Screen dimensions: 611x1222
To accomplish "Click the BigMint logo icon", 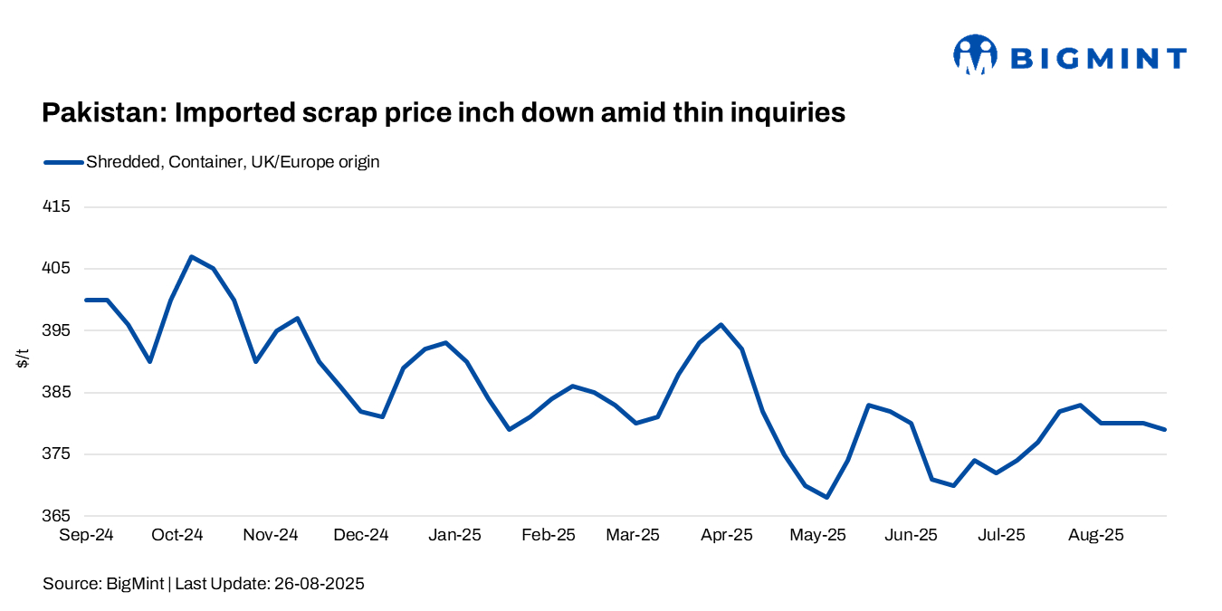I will [975, 55].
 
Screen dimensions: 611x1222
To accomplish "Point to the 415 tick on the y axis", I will [56, 206].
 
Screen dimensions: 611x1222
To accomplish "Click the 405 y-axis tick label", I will [56, 269].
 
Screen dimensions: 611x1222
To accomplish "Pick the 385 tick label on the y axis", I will [56, 393].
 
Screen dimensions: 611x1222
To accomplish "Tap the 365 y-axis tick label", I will [56, 516].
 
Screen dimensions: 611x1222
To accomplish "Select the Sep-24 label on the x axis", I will [86, 535].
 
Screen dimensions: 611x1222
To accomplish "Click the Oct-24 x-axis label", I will [177, 535].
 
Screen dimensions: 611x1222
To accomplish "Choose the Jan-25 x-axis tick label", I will [454, 535].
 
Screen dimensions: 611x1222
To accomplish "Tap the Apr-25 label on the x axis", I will [726, 535].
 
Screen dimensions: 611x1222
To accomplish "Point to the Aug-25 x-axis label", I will [1096, 535].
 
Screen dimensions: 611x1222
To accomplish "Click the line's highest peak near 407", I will [191, 257].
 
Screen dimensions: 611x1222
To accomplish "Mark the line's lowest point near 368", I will [826, 497].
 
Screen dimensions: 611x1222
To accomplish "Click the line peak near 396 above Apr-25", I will [721, 324].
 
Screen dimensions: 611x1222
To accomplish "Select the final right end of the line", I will [1166, 429].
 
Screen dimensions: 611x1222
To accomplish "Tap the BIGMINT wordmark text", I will [1097, 59].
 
